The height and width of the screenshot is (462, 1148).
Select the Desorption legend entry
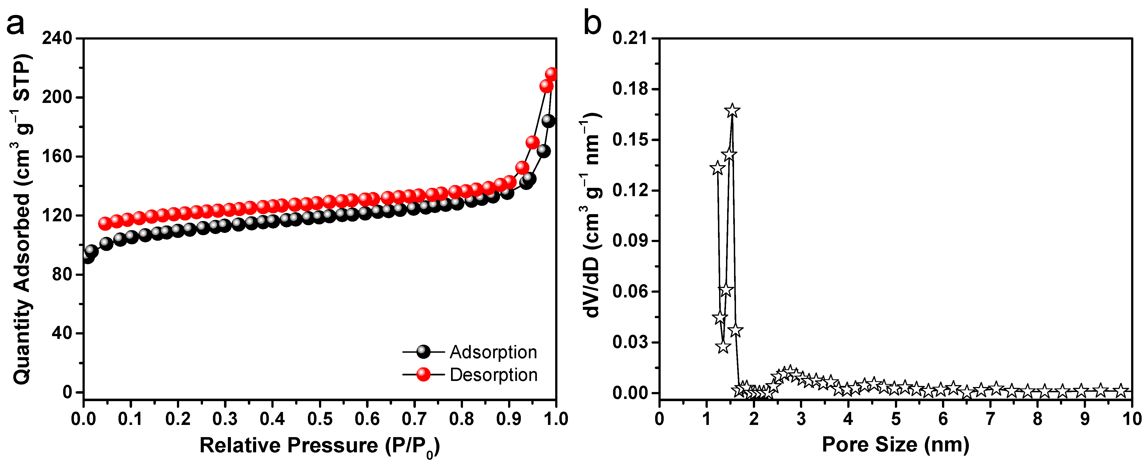point(493,375)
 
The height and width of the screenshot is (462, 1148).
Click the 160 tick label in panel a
point(57,156)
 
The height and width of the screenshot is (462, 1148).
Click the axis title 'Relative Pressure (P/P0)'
point(320,445)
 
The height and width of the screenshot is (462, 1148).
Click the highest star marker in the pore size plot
point(732,110)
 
